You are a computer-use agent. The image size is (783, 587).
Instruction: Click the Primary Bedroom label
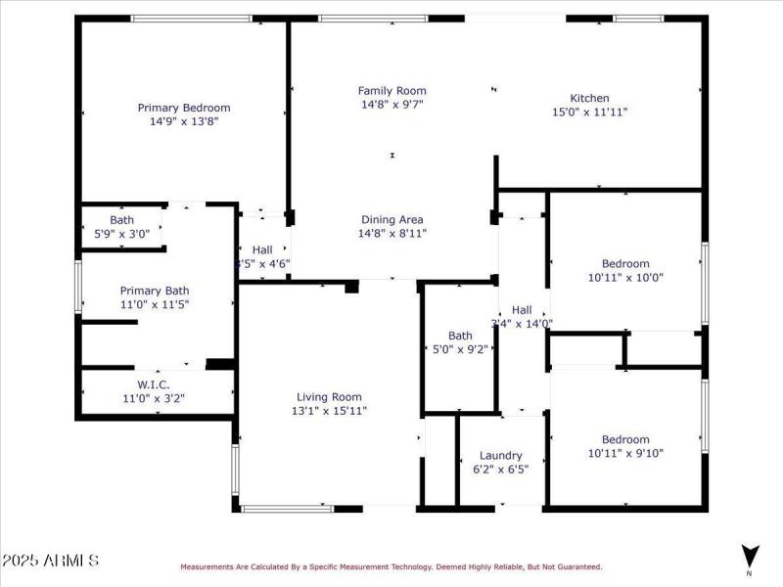[183, 108]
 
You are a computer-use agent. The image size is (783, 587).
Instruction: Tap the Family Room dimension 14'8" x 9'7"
[391, 104]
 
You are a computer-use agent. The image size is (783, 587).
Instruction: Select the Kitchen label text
[589, 98]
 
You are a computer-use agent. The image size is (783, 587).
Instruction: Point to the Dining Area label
[391, 219]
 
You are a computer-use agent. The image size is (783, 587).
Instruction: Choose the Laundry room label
[500, 455]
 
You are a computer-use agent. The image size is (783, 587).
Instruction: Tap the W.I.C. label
[154, 384]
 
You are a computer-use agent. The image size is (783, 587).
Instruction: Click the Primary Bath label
[154, 291]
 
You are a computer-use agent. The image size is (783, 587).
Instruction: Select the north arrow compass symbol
[749, 556]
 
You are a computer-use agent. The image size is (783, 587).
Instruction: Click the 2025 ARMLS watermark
[50, 561]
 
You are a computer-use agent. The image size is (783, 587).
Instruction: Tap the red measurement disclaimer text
[391, 566]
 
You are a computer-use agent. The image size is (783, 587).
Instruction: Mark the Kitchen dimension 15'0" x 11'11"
[589, 112]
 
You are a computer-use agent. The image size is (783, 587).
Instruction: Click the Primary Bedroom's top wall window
[176, 18]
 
